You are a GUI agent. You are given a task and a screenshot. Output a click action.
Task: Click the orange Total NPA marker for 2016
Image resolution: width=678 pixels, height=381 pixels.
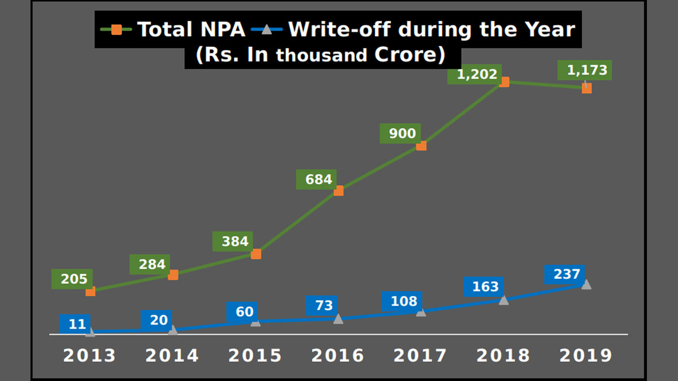338,191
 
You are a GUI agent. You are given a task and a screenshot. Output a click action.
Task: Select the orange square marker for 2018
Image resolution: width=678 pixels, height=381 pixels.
504,82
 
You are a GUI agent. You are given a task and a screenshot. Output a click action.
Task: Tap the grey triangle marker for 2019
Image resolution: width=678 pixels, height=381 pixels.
586,284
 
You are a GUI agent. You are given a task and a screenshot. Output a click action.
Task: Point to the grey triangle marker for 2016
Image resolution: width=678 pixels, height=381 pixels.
338,319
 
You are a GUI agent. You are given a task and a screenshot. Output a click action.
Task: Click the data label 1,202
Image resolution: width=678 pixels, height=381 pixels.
473,74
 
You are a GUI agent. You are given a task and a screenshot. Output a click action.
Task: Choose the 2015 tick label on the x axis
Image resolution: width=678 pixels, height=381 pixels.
255,356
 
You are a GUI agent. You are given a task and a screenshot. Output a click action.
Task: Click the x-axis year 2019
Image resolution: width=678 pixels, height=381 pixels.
586,356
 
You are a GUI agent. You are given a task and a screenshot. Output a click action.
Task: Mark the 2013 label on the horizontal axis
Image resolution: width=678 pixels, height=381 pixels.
90,356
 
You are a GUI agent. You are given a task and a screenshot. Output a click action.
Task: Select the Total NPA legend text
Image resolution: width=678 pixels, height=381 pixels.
191,29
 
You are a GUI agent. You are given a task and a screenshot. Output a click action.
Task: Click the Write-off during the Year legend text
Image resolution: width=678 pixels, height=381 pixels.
431,29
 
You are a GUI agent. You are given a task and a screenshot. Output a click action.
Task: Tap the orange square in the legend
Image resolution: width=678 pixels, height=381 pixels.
116,29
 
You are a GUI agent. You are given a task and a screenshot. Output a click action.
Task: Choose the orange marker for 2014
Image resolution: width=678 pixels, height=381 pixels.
173,275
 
